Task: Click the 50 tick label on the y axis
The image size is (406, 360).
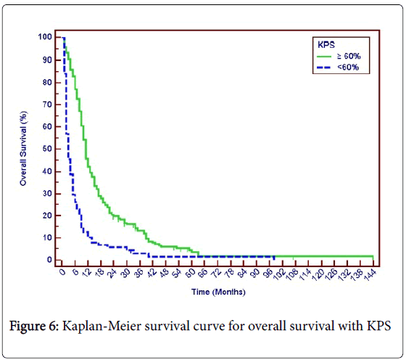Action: pyautogui.click(x=48, y=148)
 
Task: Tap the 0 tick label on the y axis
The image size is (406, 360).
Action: pyautogui.click(x=50, y=259)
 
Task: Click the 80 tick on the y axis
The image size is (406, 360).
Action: pyautogui.click(x=48, y=81)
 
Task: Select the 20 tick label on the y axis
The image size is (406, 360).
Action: pyautogui.click(x=48, y=215)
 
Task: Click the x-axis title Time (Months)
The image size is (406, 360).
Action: pyautogui.click(x=217, y=292)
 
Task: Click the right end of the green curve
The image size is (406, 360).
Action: pyautogui.click(x=373, y=256)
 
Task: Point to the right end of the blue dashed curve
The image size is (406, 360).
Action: pyautogui.click(x=275, y=256)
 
